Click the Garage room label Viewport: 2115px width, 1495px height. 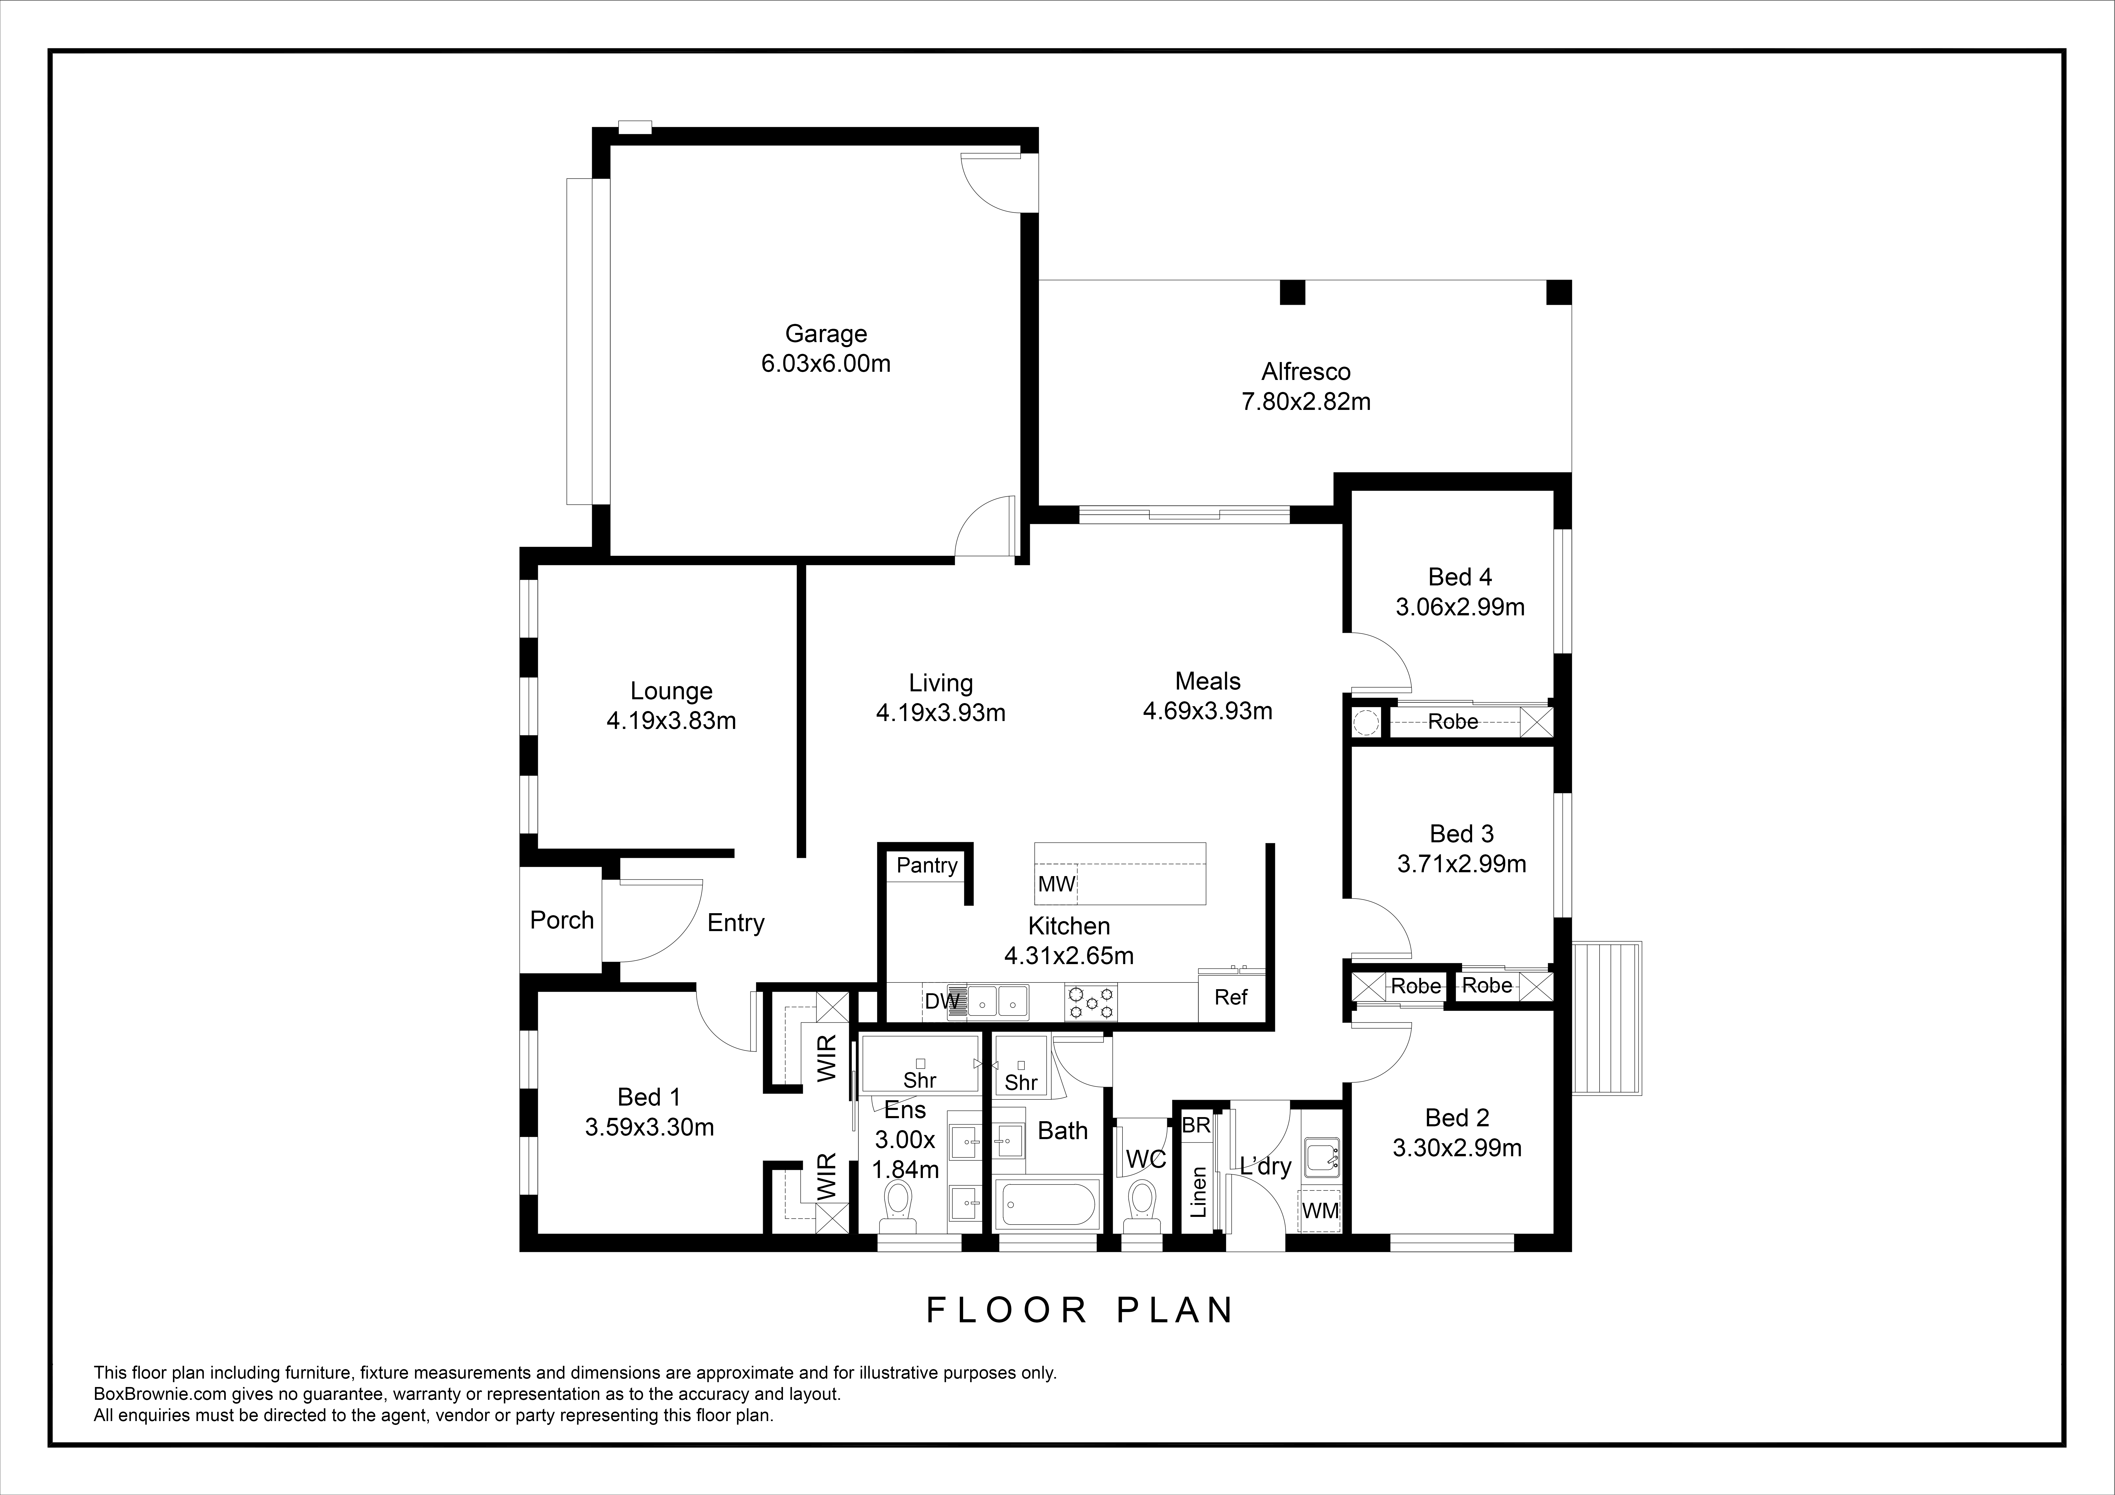(x=825, y=333)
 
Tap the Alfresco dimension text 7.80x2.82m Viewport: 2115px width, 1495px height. (x=1306, y=402)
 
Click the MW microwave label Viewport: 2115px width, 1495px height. (x=1056, y=884)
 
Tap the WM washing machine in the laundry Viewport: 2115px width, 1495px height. (x=1320, y=1210)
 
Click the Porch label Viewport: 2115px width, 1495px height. (x=562, y=919)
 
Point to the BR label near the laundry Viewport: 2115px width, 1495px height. (x=1196, y=1125)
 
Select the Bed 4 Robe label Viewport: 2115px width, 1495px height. (x=1453, y=721)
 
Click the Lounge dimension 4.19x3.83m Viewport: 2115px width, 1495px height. (x=671, y=720)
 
